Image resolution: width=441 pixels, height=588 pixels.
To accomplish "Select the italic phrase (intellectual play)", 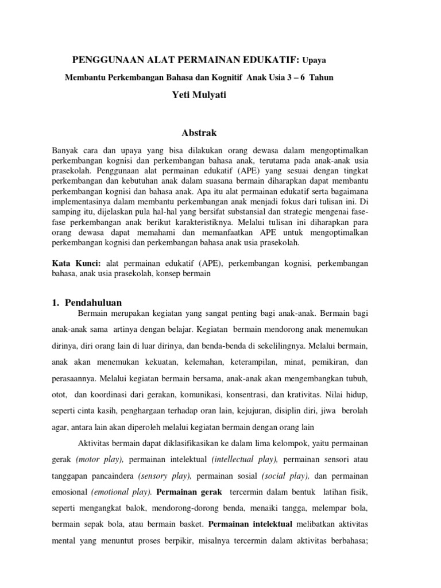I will pos(244,460).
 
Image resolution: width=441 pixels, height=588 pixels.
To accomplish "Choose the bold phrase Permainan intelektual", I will pos(250,524).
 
